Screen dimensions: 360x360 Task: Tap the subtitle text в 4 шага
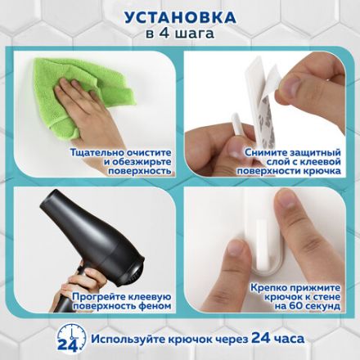(179, 34)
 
